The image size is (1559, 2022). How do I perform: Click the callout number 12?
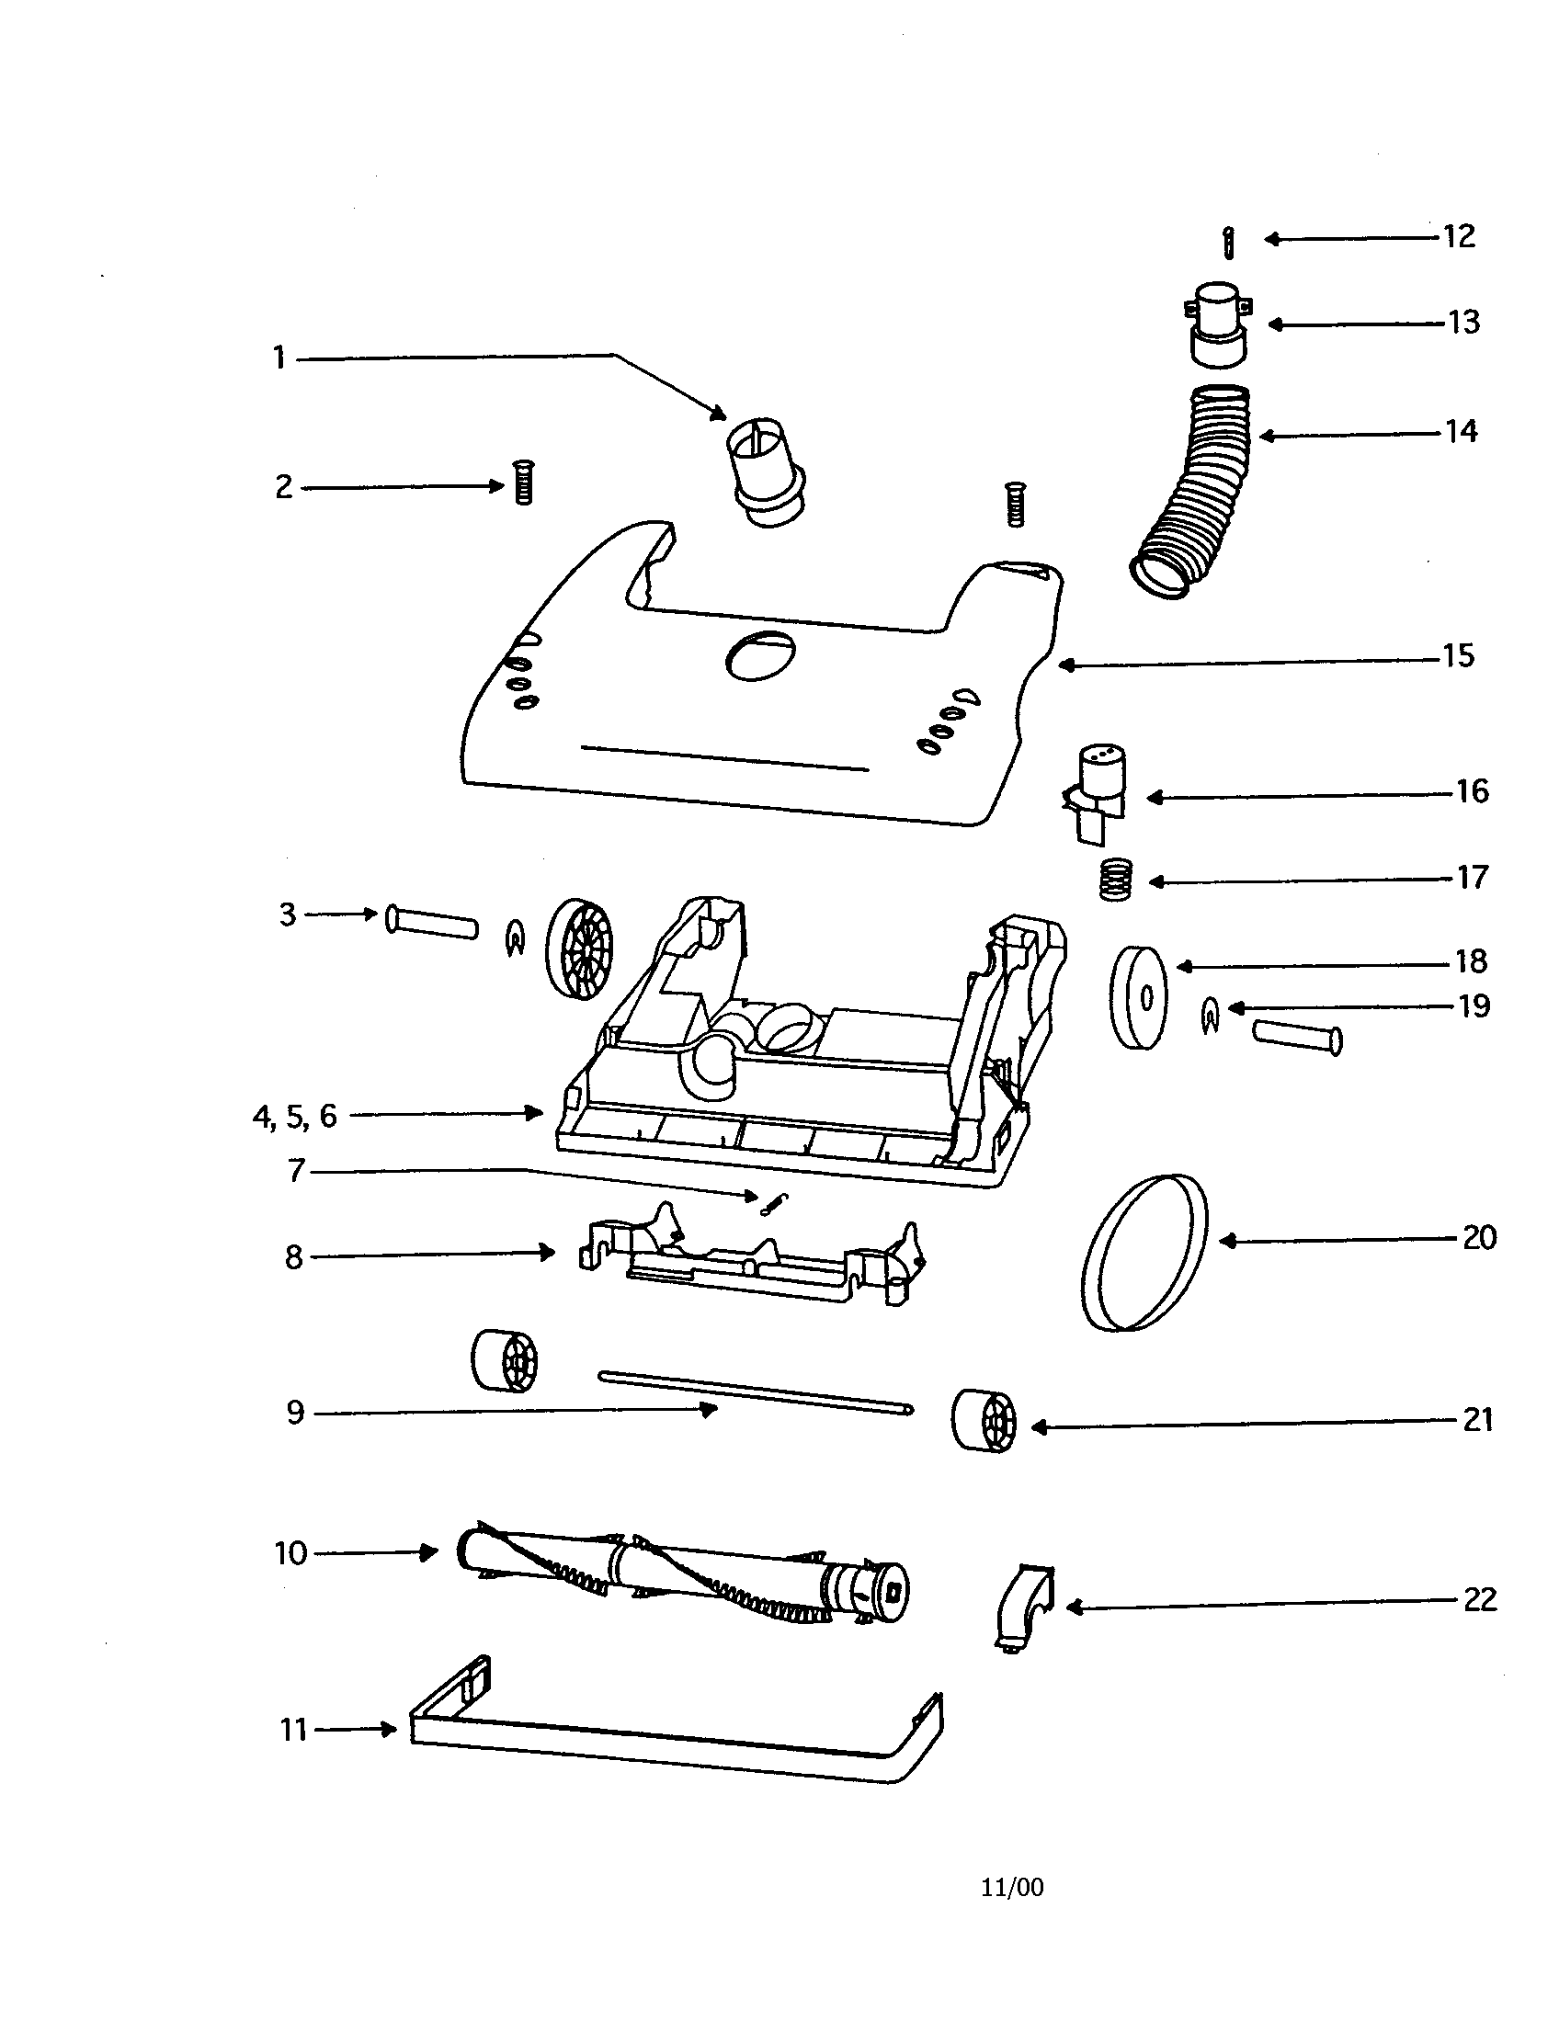pyautogui.click(x=1459, y=237)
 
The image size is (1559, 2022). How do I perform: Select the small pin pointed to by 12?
pyautogui.click(x=1227, y=244)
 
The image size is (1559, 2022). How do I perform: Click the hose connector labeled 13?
pyautogui.click(x=1217, y=324)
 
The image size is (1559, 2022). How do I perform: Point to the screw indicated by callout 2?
pyautogui.click(x=523, y=483)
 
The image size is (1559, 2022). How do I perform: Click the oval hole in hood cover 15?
pyautogui.click(x=761, y=656)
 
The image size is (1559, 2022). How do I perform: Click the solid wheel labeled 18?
pyautogui.click(x=1139, y=997)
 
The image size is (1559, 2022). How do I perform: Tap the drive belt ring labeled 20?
pyautogui.click(x=1144, y=1252)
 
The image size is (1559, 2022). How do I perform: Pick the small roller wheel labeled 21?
pyautogui.click(x=984, y=1420)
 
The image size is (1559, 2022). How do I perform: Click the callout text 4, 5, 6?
pyautogui.click(x=294, y=1117)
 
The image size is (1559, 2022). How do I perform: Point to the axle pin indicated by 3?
pyautogui.click(x=431, y=923)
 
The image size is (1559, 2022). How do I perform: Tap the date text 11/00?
pyautogui.click(x=1012, y=1888)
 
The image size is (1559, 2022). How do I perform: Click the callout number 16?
pyautogui.click(x=1472, y=792)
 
